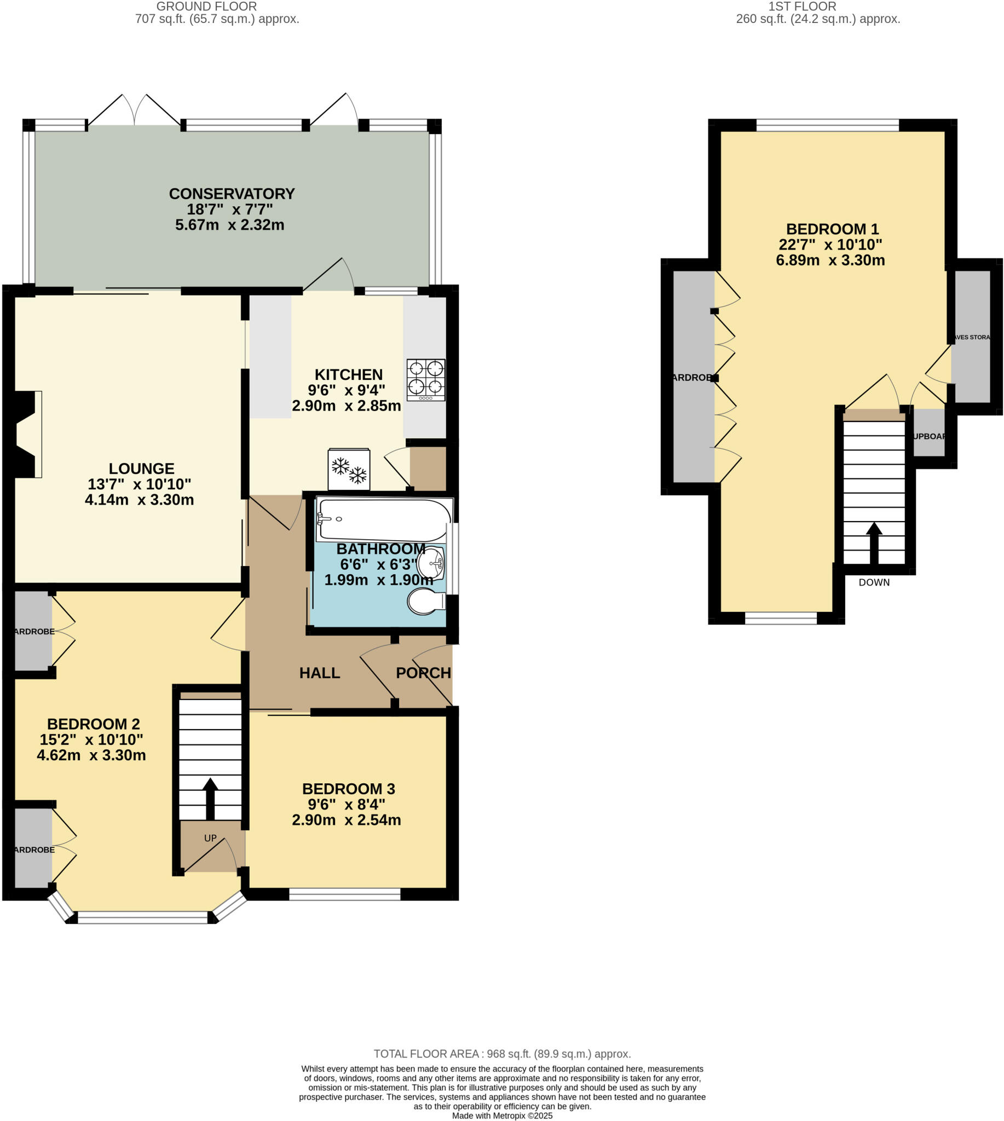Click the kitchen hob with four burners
coord(426,379)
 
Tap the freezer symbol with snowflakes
coord(349,470)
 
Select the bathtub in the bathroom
coord(383,519)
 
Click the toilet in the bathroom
coord(425,601)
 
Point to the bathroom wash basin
coord(431,563)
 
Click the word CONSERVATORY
coord(232,194)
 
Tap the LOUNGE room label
coord(141,469)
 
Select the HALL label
coord(319,673)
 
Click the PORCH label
coord(423,673)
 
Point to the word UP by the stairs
coord(210,838)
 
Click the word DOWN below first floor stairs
coord(874,582)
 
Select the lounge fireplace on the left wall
coord(27,434)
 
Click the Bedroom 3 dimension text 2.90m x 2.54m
coord(346,820)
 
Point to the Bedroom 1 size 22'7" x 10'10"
coord(830,244)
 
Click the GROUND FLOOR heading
coord(206,7)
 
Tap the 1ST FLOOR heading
coord(802,7)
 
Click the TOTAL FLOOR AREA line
coord(502,1054)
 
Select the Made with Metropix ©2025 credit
coord(502,1116)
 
